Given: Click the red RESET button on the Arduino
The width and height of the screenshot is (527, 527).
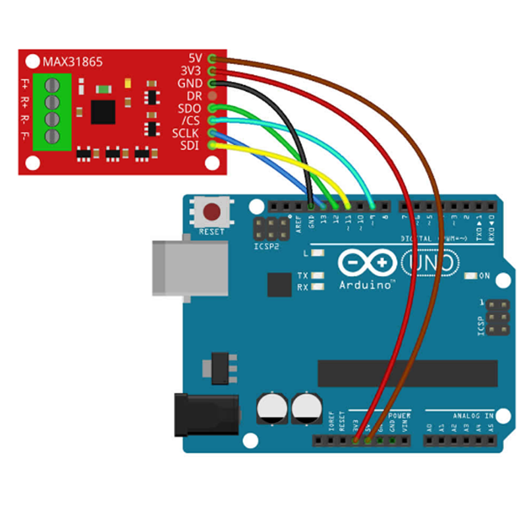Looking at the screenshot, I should [x=212, y=212].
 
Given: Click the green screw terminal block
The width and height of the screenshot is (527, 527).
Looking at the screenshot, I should [x=51, y=111].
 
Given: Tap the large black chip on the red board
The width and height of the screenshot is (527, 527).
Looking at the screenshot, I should [x=103, y=112].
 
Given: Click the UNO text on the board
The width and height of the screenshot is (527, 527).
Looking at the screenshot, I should [x=430, y=263].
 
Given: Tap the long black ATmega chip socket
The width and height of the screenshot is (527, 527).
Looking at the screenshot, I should [x=407, y=373].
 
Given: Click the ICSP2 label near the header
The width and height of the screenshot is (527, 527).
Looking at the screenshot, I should [x=264, y=246].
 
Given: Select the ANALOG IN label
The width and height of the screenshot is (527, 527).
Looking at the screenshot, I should [x=472, y=416].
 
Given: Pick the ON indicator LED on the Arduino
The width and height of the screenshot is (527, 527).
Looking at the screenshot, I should [x=471, y=275].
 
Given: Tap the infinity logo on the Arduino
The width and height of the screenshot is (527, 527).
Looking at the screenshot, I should [x=366, y=263].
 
